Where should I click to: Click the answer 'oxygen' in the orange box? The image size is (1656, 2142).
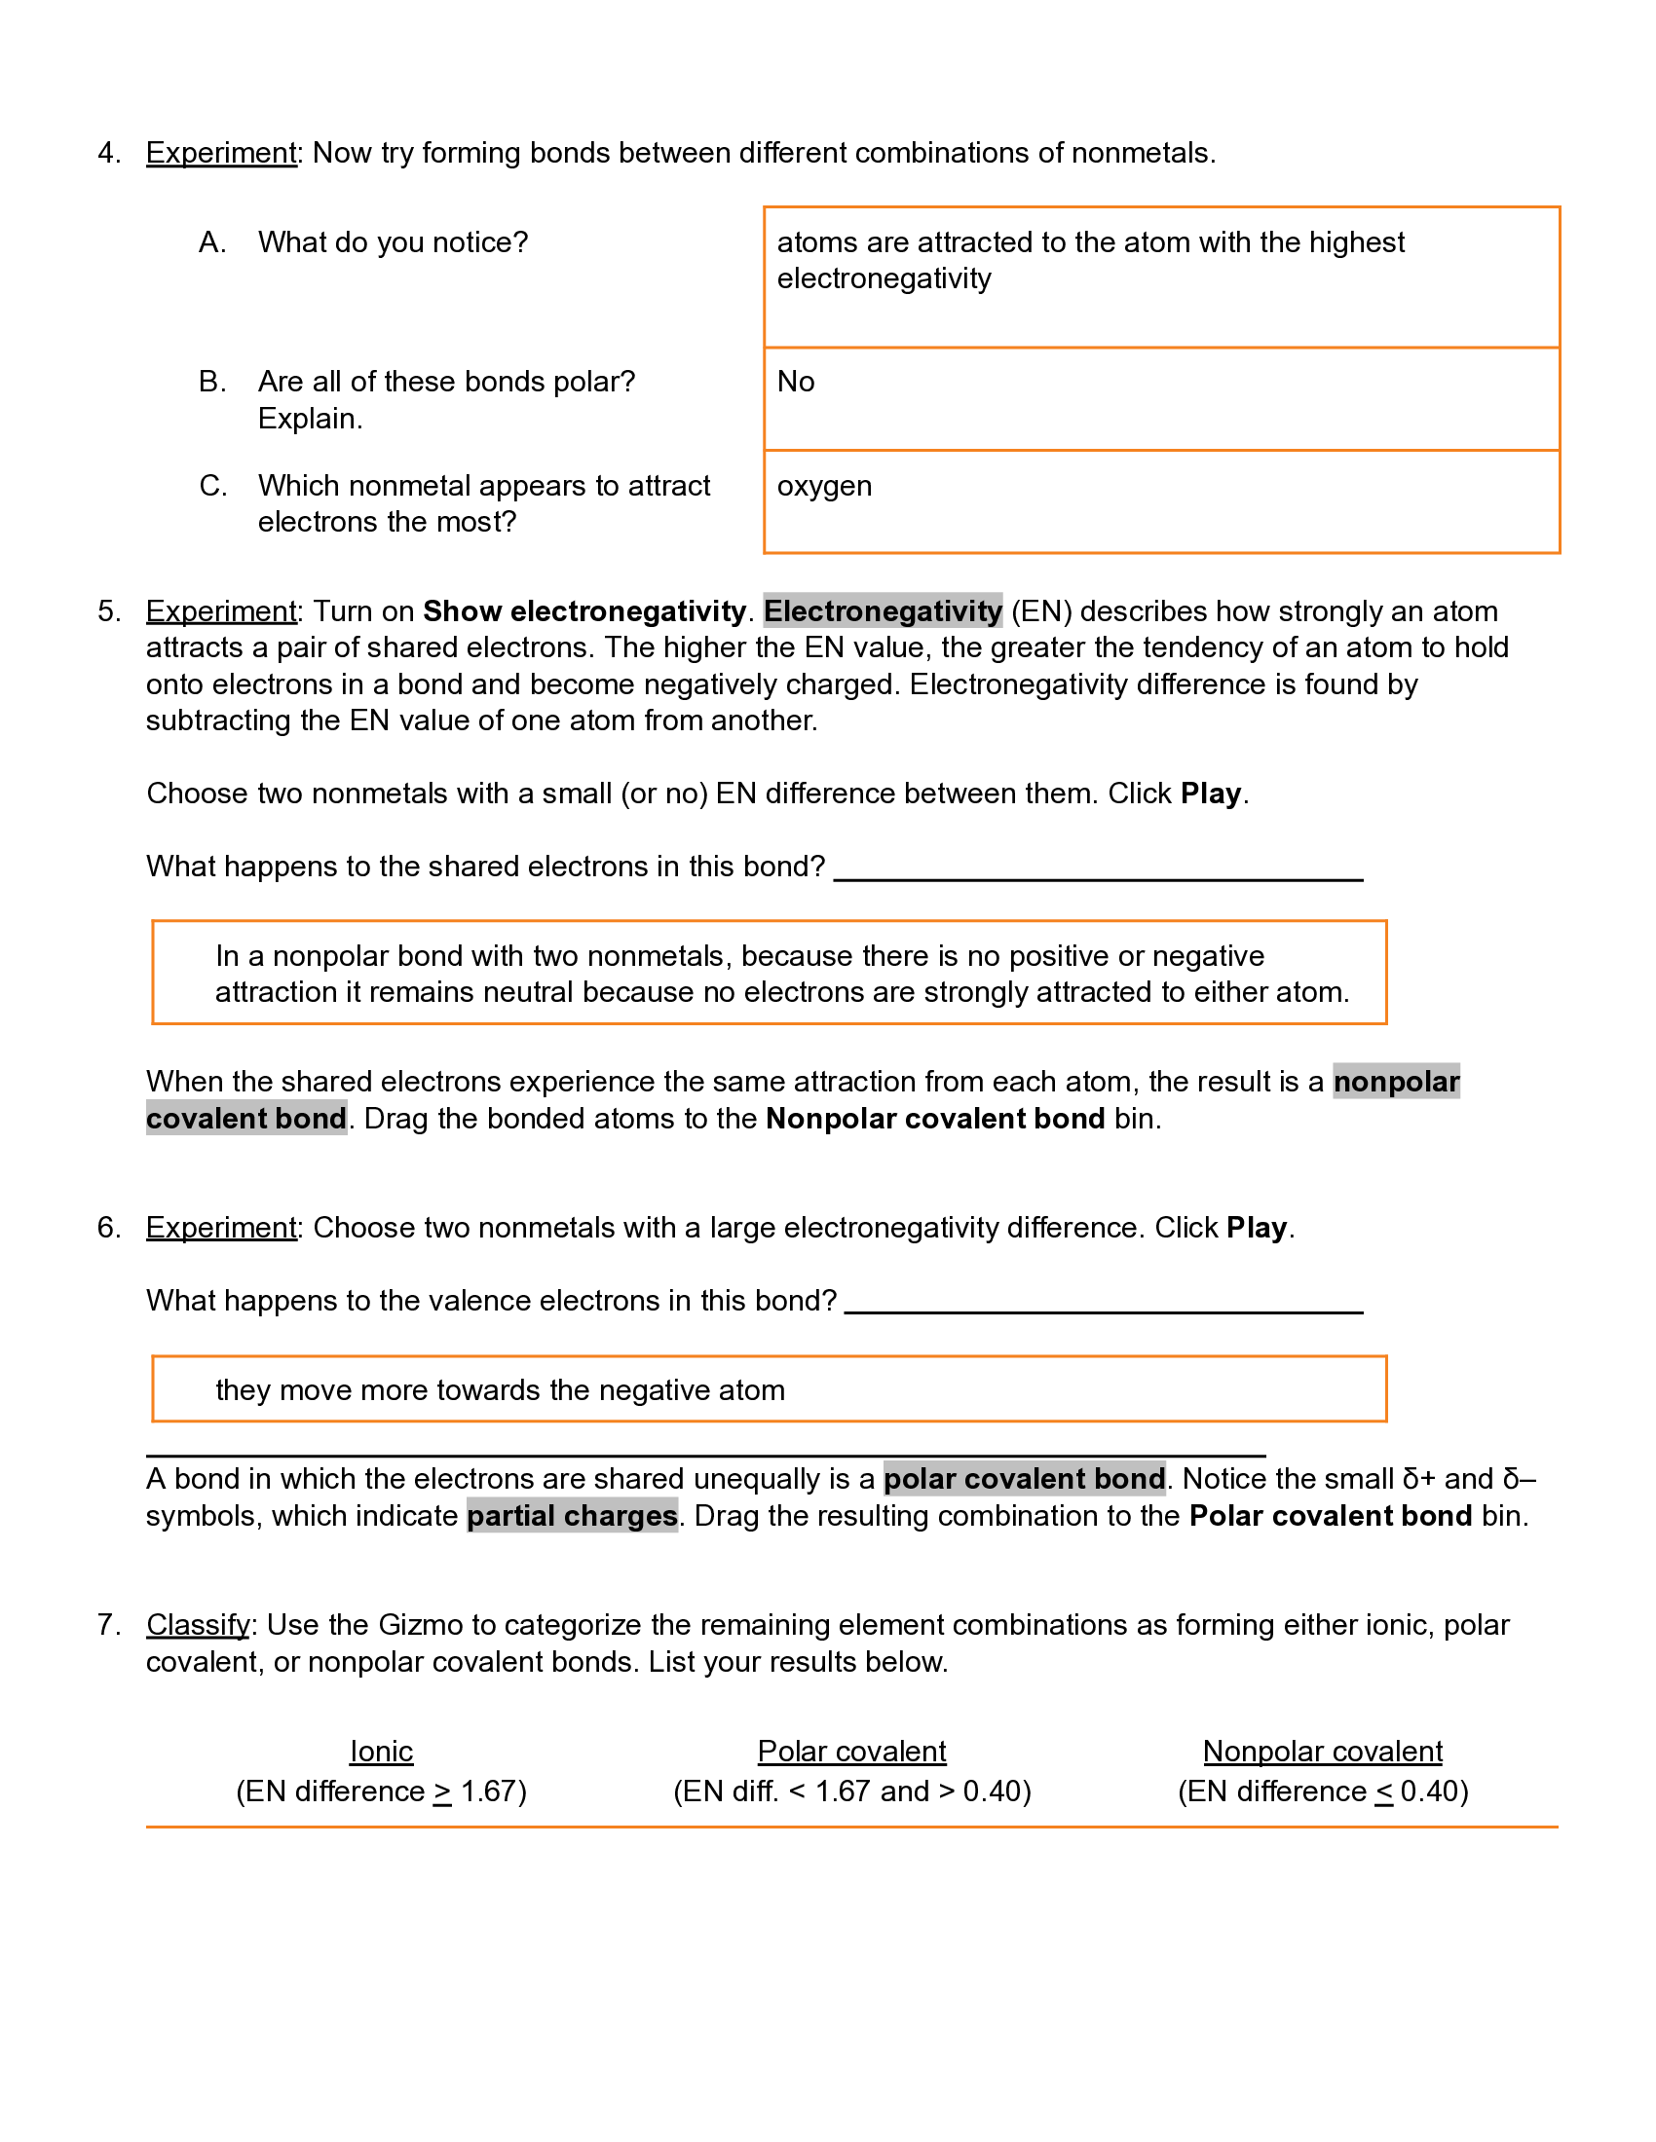pos(824,487)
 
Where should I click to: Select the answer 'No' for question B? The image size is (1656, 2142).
pos(796,382)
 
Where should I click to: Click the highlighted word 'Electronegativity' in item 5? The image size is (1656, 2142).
pos(882,612)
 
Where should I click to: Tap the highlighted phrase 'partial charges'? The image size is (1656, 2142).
pos(572,1516)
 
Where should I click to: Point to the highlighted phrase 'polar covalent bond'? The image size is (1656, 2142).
pos(1024,1479)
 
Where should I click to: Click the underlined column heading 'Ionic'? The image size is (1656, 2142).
pos(382,1752)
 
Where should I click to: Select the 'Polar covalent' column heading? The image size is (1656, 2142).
pos(851,1752)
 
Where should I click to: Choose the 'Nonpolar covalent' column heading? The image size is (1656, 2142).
pos(1323,1752)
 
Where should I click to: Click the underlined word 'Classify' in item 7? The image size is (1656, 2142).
pos(198,1625)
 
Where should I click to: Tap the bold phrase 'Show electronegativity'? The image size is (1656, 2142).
pos(584,612)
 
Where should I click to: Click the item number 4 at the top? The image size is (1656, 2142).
pos(108,153)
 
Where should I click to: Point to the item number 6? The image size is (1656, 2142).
pos(108,1228)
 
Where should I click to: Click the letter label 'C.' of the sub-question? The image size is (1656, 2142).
pos(213,487)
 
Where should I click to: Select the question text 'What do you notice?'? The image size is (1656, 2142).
pos(393,242)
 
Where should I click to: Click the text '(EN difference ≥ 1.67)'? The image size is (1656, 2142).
pos(382,1791)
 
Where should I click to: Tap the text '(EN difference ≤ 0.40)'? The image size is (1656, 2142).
pos(1323,1791)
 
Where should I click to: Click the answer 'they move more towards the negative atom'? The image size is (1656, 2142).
pos(501,1390)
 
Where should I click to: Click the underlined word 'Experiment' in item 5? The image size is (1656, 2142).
pos(221,612)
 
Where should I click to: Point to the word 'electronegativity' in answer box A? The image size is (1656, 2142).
pos(884,279)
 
